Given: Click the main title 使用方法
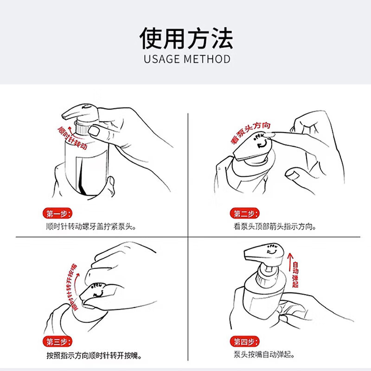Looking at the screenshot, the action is coord(186,38).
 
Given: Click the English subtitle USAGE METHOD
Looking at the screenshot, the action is coord(187,59).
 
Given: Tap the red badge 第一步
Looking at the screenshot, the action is coord(57,214).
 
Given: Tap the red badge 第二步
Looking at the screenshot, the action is coord(245,214).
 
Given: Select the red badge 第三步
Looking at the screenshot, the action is coord(57,342).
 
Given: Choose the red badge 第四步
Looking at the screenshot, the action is coord(245,342).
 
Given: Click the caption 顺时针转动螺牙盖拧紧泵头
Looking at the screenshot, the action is coord(91,227).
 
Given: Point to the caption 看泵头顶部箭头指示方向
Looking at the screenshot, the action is coord(275,227).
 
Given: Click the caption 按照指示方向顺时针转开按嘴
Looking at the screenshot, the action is coord(94,355).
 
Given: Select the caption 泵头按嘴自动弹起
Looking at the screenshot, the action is coord(264,354).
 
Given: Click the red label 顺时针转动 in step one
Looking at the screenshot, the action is coord(73,138).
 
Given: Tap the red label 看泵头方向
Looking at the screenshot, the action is coord(250,133).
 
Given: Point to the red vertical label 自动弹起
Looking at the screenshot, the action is coord(295,274).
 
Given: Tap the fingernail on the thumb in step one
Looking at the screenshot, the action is coord(94,131).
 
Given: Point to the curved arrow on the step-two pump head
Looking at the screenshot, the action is coord(262,144).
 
